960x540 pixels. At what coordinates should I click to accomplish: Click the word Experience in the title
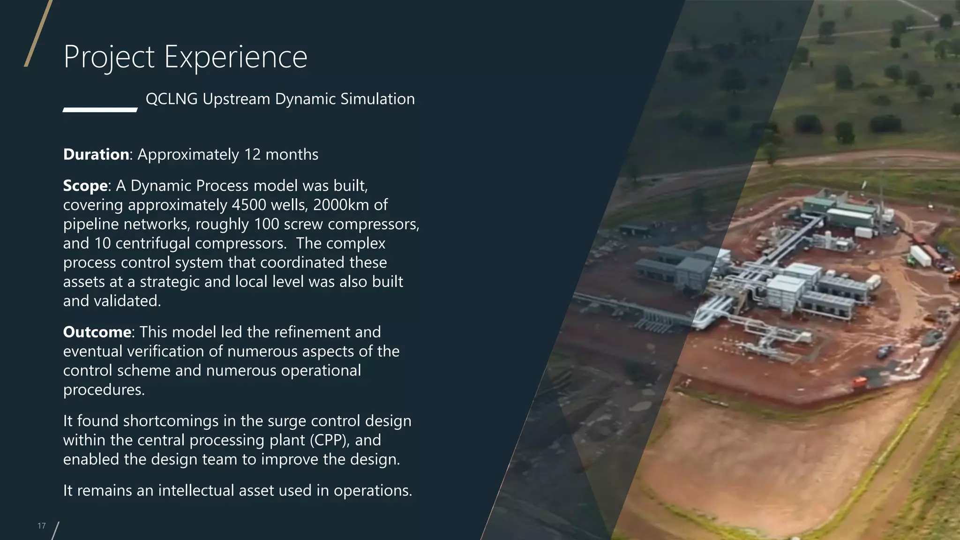pos(235,57)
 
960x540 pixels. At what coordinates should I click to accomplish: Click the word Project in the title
pos(109,57)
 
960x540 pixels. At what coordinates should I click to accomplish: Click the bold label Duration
pos(96,154)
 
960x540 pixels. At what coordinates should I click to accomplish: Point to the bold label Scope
pos(85,186)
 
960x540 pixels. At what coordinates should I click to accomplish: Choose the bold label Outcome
pos(97,332)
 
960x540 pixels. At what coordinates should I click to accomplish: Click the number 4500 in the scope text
pos(247,205)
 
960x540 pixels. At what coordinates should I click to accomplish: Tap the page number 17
pos(42,526)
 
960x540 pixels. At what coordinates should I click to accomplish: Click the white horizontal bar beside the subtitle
pos(100,110)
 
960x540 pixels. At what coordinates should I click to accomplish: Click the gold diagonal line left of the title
pos(37,34)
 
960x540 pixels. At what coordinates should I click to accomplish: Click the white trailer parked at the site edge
pos(920,256)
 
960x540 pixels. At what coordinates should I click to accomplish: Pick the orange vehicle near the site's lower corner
pos(859,382)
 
